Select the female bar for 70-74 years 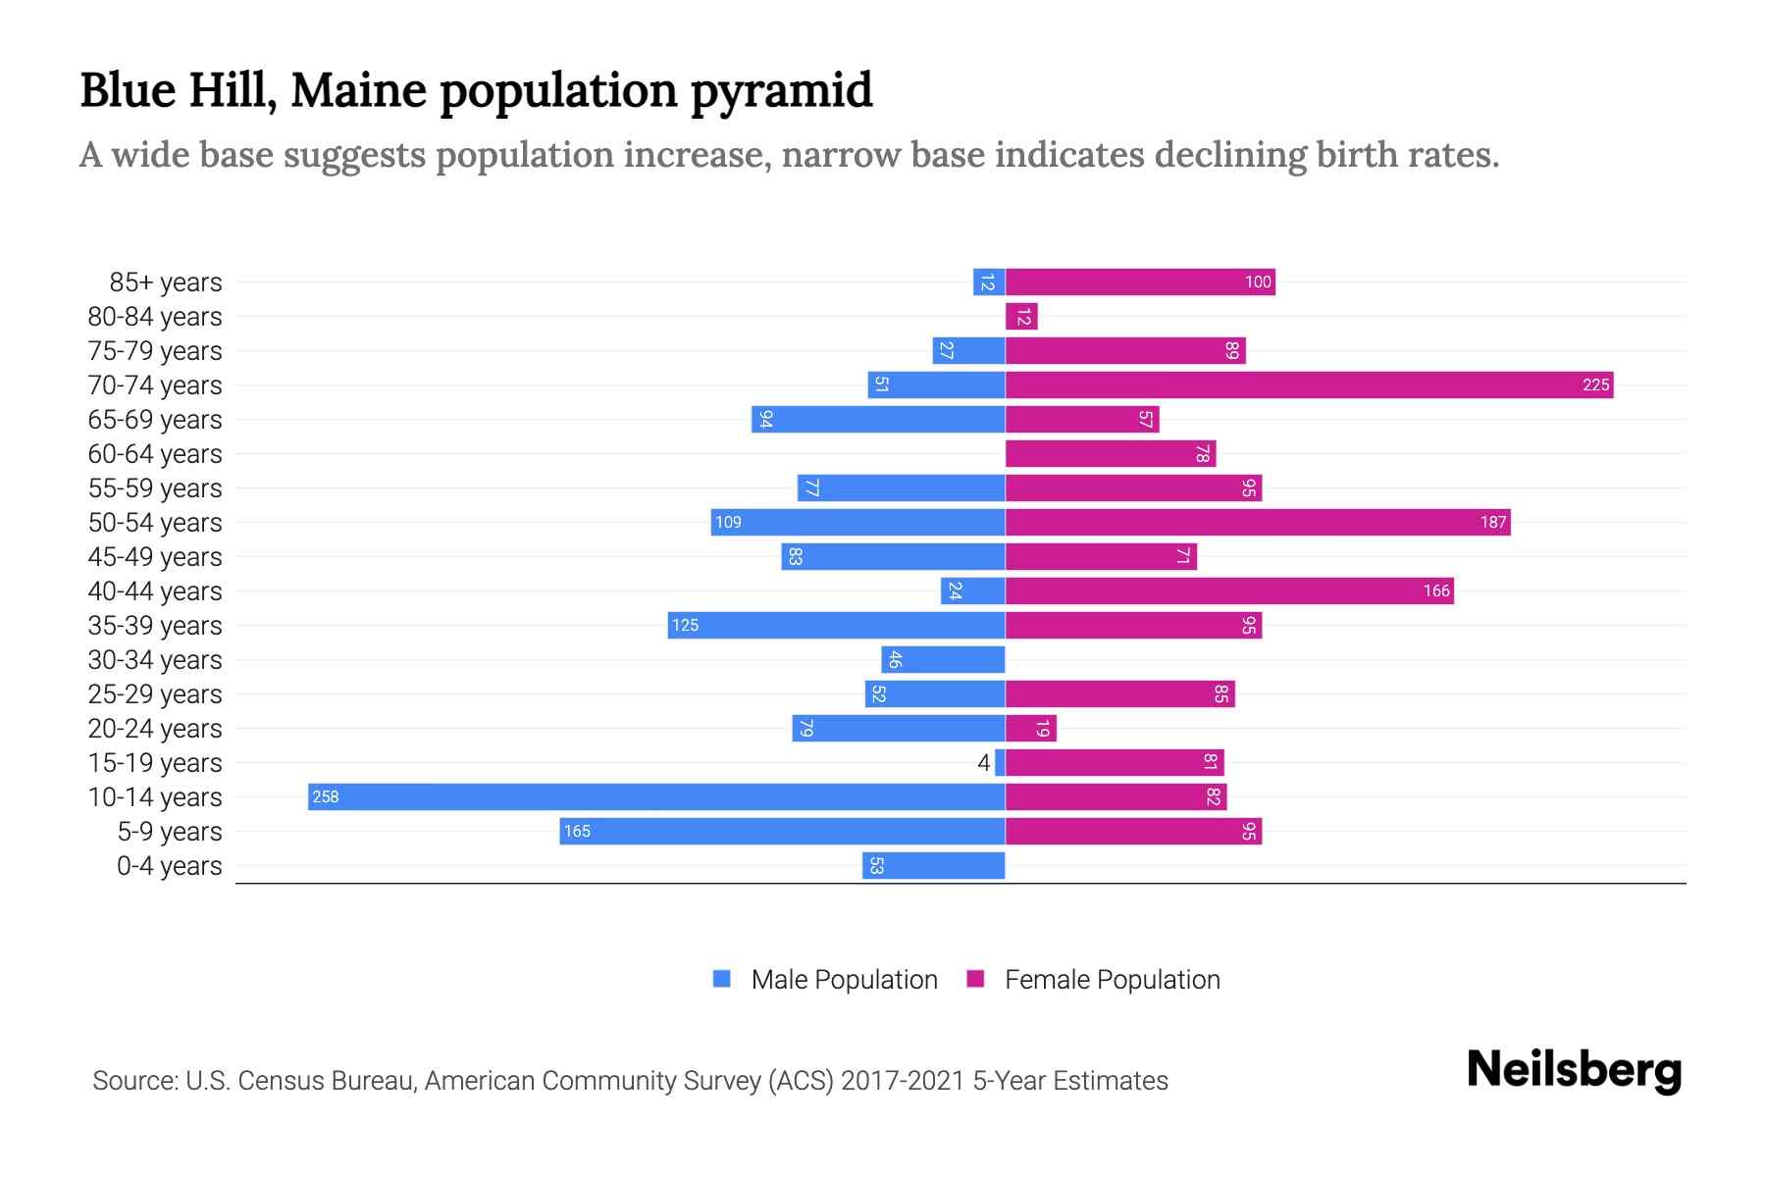(x=1309, y=384)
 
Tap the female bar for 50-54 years (x=1258, y=522)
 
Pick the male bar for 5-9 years (x=782, y=831)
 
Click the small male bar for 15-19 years (x=1000, y=762)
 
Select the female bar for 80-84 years (x=1021, y=316)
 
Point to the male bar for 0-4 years (x=933, y=865)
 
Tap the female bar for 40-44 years (x=1229, y=590)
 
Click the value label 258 (x=325, y=796)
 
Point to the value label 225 (x=1595, y=384)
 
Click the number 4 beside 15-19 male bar (x=983, y=762)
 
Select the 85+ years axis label (x=165, y=282)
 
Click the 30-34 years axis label (x=155, y=660)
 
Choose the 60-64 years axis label (x=155, y=454)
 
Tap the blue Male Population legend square (x=722, y=979)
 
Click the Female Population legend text (x=1112, y=979)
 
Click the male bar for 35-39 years (x=836, y=625)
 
